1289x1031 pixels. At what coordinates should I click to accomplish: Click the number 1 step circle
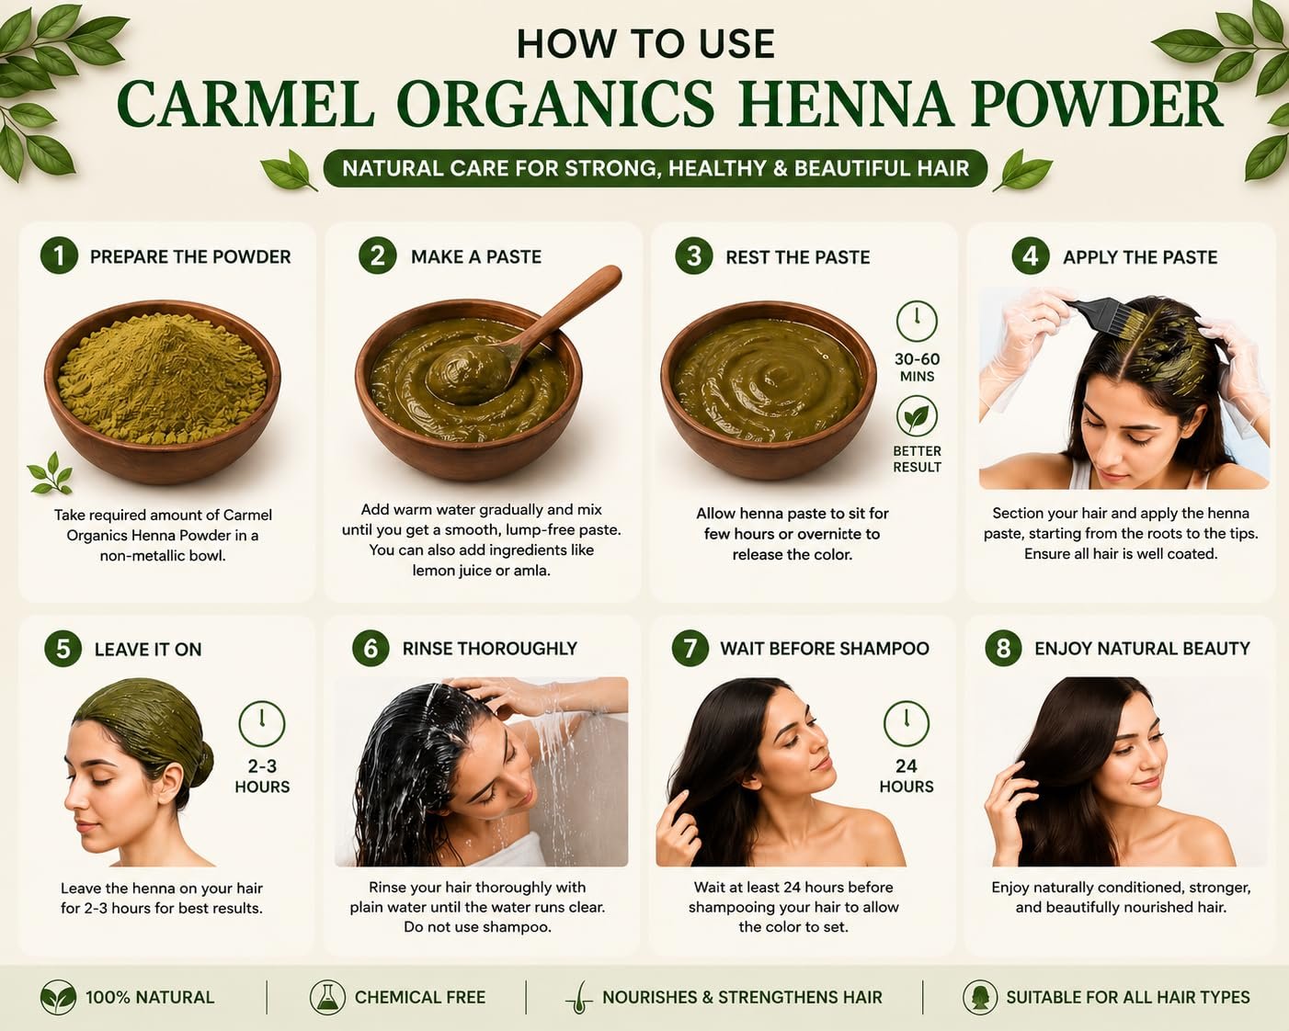[x=59, y=255]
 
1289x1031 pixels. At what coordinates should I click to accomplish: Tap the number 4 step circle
[x=1031, y=256]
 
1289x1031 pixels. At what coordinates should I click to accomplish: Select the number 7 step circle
[x=690, y=648]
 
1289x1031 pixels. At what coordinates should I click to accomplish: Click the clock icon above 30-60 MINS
[x=917, y=322]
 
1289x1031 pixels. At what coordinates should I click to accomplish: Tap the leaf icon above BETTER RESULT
[x=917, y=416]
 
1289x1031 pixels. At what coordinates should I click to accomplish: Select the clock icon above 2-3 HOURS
[x=262, y=724]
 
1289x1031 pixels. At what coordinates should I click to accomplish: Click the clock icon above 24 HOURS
[x=907, y=724]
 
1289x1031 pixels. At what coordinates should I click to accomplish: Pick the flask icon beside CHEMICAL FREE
[x=327, y=997]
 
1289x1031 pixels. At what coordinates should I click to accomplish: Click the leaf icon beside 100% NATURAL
[x=58, y=997]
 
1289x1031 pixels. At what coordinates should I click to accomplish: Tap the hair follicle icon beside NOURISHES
[x=578, y=998]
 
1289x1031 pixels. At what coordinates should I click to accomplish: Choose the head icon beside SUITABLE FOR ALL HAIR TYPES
[x=980, y=997]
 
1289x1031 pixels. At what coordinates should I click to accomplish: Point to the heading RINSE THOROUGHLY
[x=489, y=649]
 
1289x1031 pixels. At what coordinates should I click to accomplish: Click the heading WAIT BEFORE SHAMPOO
[x=824, y=649]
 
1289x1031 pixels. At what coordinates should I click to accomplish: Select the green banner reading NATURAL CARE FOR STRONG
[x=656, y=168]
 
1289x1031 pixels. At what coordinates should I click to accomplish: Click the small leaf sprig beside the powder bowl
[x=51, y=473]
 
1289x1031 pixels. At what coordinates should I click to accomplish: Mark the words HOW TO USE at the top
[x=645, y=44]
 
